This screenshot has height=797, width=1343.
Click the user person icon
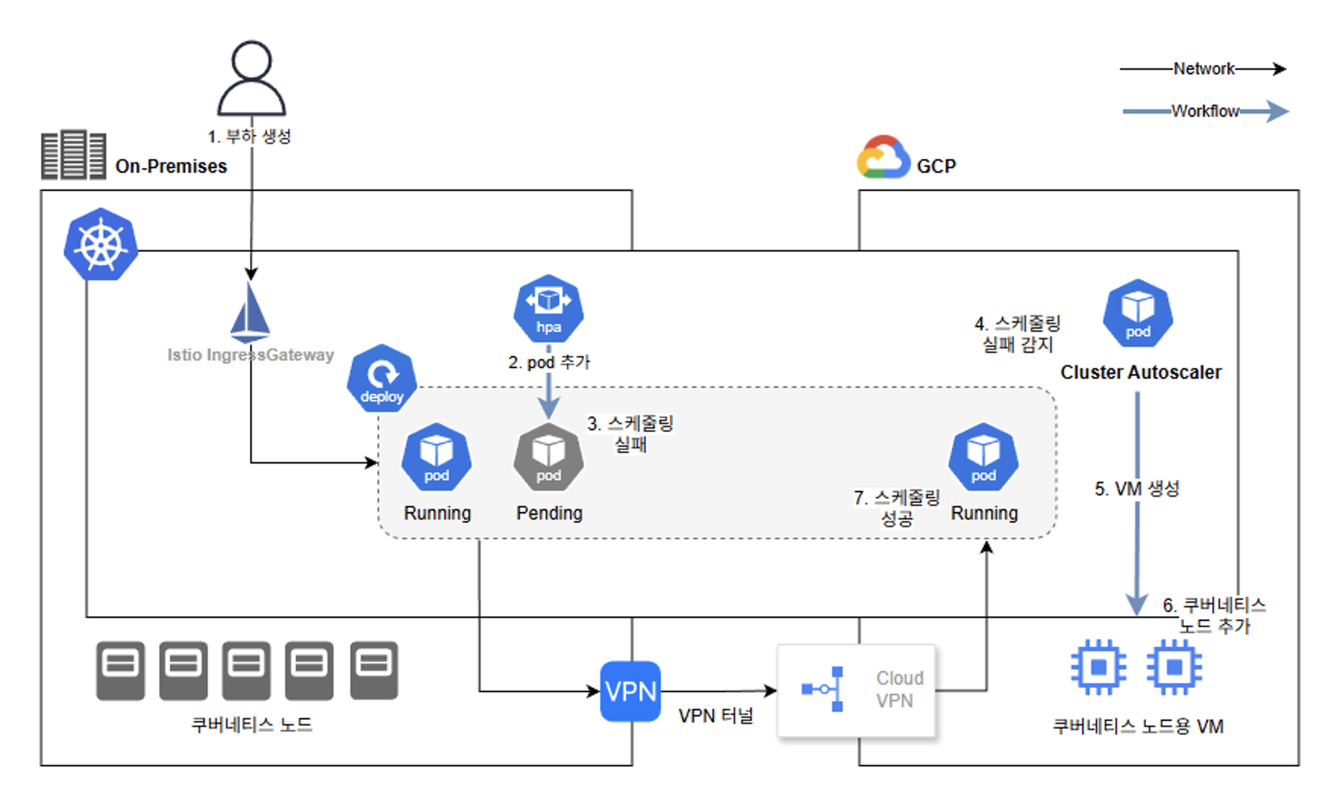[252, 79]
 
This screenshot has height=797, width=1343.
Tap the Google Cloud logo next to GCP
[883, 158]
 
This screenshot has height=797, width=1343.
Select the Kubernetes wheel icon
[101, 245]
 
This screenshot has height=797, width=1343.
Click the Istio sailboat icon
[250, 312]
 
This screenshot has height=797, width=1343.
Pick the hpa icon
[549, 309]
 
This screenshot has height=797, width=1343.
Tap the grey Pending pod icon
[549, 458]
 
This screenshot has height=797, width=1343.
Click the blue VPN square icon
[631, 691]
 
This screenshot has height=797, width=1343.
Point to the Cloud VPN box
[856, 689]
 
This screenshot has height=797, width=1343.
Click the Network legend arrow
[1204, 69]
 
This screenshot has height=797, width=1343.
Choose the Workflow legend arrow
[1205, 111]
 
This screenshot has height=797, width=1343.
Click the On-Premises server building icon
[74, 155]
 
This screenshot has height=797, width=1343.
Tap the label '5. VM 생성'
[1137, 489]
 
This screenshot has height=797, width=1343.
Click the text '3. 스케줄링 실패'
[630, 434]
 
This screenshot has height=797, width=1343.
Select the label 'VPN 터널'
[715, 716]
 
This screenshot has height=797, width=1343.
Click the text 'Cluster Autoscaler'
[1141, 372]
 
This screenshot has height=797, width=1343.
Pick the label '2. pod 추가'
[549, 362]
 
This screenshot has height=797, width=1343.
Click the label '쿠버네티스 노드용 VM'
[1138, 727]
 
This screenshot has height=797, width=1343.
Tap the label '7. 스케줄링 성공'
[897, 508]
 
